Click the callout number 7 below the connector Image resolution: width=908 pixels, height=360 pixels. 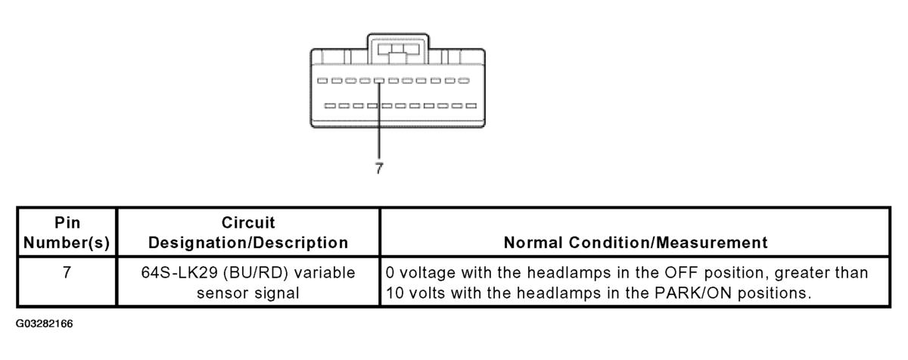click(x=379, y=168)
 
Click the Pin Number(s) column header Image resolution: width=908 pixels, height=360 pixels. click(x=67, y=232)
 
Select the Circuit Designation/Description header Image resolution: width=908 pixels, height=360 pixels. click(x=248, y=232)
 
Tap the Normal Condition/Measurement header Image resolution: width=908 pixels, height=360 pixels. click(x=635, y=243)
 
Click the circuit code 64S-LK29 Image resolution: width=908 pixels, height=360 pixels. click(x=179, y=272)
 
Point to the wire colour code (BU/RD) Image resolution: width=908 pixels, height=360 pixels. click(x=256, y=273)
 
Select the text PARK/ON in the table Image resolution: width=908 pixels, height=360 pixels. click(x=693, y=293)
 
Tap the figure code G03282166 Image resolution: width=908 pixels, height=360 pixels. click(x=44, y=324)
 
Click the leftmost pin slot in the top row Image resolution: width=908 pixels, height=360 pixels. click(x=322, y=81)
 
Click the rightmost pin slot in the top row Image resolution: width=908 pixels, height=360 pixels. click(x=464, y=81)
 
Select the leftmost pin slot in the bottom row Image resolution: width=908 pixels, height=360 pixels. click(x=330, y=106)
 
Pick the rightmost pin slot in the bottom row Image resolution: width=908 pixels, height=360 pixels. click(x=471, y=106)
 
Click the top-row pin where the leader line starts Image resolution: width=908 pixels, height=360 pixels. click(x=379, y=81)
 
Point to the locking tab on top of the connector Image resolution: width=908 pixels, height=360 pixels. click(x=398, y=49)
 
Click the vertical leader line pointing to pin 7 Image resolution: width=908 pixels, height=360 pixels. click(x=379, y=119)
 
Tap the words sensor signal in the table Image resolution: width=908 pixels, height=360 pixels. click(x=248, y=293)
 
